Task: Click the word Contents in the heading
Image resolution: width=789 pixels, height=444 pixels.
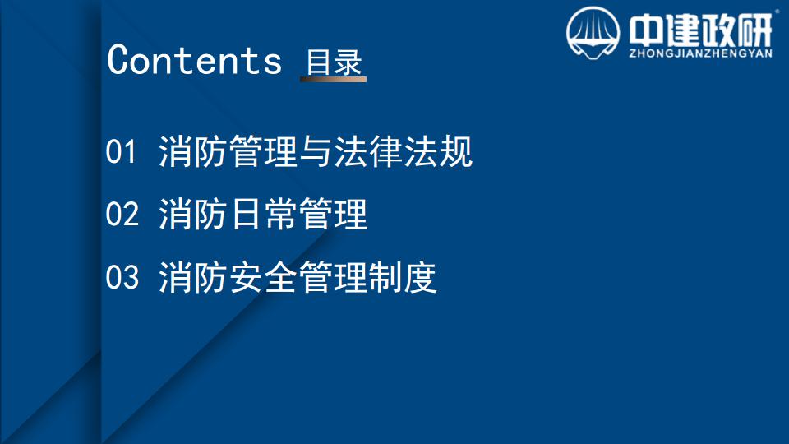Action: coord(194,60)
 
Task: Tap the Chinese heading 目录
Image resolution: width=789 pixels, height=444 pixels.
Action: coord(335,62)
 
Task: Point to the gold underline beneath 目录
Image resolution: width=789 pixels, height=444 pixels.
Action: coord(333,79)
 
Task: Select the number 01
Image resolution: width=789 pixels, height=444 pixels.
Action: coord(121,151)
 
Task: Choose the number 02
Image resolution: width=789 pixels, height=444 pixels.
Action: coord(122,215)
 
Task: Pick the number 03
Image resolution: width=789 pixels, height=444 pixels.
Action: coord(122,277)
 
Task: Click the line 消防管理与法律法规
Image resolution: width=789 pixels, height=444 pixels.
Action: coord(316,151)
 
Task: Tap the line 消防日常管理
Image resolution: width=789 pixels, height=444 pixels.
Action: coord(263,215)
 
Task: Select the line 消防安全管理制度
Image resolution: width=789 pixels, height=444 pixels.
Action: coord(298,277)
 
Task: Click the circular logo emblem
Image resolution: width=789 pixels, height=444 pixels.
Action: coord(593,33)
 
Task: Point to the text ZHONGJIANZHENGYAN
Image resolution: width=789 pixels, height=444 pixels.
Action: coord(700,53)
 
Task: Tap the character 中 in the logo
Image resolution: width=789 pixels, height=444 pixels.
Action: coord(646,30)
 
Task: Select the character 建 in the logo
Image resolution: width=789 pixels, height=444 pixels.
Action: coord(682,30)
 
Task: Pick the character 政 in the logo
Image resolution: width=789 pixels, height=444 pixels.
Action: coord(718,30)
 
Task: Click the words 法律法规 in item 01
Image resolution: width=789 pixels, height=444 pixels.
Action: coord(403,151)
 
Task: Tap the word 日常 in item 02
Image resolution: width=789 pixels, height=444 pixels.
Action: coord(263,215)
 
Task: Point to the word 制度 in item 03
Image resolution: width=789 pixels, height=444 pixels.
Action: coord(402,277)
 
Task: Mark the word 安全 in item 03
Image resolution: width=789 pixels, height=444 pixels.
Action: coord(263,277)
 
